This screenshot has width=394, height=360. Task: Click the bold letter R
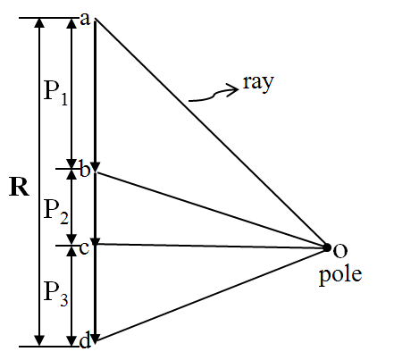[x=20, y=187]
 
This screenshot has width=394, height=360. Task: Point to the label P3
[x=56, y=293]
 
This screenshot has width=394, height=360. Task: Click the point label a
[x=85, y=20]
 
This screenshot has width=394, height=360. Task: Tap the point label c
[x=84, y=247]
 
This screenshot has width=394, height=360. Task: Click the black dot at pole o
[x=327, y=247]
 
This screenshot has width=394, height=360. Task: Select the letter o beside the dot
[x=340, y=250]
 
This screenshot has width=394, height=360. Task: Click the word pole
[x=340, y=275]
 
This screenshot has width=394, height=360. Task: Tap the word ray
[x=258, y=83]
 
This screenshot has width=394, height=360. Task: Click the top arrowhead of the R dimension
[x=39, y=22]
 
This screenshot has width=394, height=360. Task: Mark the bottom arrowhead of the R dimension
[x=39, y=341]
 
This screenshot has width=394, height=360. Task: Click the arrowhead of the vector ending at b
[x=96, y=167]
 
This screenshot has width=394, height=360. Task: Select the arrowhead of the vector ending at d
[x=95, y=339]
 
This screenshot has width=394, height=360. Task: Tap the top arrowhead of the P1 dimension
[x=71, y=22]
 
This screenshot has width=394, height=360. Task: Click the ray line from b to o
[x=211, y=210]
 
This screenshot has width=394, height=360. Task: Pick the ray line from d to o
[x=211, y=294]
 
